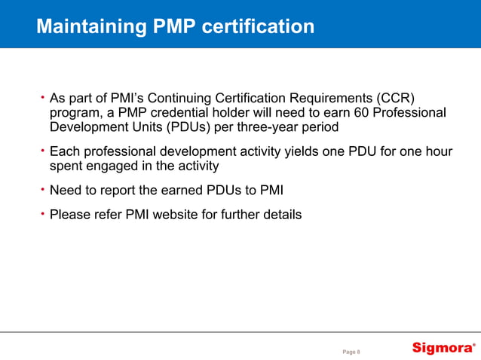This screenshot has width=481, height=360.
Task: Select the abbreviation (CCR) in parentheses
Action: pyautogui.click(x=397, y=99)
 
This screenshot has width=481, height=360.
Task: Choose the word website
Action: pyautogui.click(x=193, y=215)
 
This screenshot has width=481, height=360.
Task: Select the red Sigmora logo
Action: pyautogui.click(x=443, y=348)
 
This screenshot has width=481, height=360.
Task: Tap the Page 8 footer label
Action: pyautogui.click(x=352, y=351)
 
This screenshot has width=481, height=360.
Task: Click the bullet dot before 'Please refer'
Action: pyautogui.click(x=43, y=214)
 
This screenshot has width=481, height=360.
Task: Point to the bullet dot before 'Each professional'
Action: pyautogui.click(x=43, y=151)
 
